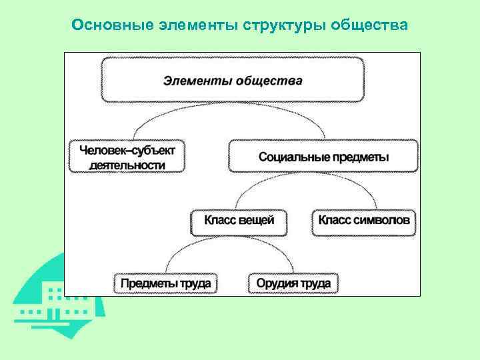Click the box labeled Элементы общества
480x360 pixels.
pyautogui.click(x=232, y=80)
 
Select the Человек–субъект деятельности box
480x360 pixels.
pyautogui.click(x=127, y=157)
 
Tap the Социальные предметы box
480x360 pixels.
pyautogui.click(x=323, y=157)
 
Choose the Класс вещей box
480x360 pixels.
pyautogui.click(x=239, y=221)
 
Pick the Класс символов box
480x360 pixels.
pyautogui.click(x=364, y=221)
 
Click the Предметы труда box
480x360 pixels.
pyautogui.click(x=165, y=283)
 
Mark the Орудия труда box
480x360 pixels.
pyautogui.click(x=293, y=283)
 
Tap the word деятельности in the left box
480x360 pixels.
pyautogui.click(x=127, y=164)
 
